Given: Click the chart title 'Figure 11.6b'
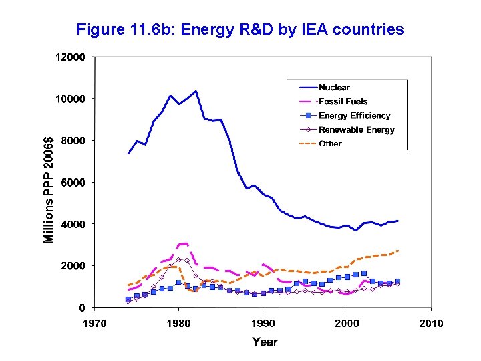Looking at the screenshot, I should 240,30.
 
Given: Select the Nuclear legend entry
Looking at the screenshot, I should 334,87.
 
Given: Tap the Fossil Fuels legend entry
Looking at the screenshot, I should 340,102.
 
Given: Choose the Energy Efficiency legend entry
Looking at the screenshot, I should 354,116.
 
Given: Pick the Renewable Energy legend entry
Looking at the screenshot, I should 356,130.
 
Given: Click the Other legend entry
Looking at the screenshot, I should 330,144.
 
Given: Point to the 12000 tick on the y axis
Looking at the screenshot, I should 69,57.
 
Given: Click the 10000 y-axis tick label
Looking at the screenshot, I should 69,99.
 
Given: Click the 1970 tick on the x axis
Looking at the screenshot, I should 94,324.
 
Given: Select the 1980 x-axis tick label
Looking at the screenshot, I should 178,324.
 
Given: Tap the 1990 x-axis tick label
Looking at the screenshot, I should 263,324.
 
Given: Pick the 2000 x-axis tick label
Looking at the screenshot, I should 347,324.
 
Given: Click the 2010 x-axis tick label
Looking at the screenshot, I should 431,324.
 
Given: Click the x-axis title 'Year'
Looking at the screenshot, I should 265,342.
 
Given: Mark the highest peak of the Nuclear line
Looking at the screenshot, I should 195,91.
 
